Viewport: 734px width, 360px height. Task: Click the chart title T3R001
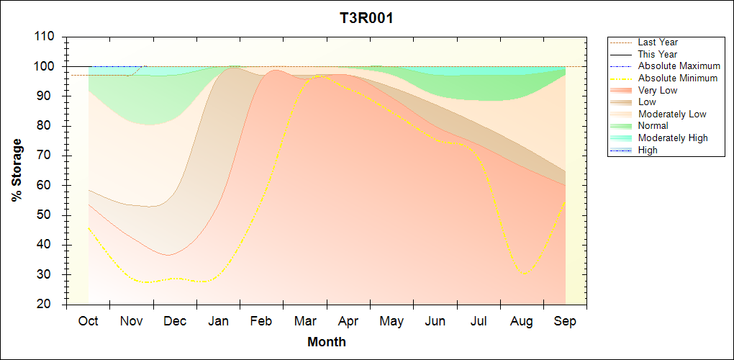[x=366, y=18]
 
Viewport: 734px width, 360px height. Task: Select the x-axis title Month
[x=327, y=342]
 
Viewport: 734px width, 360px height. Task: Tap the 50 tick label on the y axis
[x=48, y=215]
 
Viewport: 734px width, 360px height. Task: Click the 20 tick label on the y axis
[x=48, y=305]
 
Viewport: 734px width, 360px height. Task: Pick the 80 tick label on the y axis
[x=48, y=126]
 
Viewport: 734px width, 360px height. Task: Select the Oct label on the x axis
[x=88, y=321]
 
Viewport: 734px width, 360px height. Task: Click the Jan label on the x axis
[x=218, y=321]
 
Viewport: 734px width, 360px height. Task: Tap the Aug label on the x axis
[x=522, y=321]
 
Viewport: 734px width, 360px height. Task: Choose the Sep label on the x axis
[x=565, y=321]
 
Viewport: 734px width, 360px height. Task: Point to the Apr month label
[x=348, y=321]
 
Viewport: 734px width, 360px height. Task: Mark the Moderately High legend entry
[x=673, y=138]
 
